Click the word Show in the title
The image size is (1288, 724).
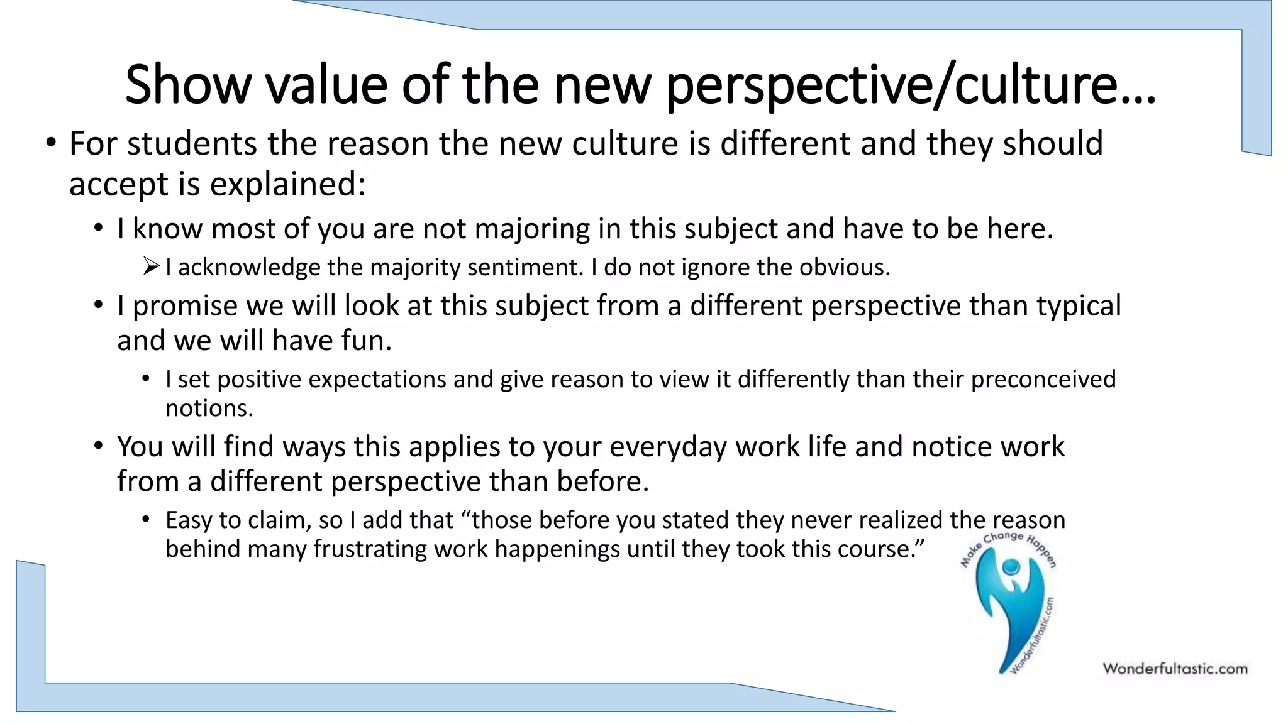pos(188,84)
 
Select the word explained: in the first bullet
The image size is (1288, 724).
pos(287,185)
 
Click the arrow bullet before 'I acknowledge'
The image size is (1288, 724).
pos(151,266)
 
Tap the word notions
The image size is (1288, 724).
pos(209,409)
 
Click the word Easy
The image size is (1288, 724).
pos(189,520)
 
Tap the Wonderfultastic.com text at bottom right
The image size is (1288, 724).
pos(1175,669)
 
